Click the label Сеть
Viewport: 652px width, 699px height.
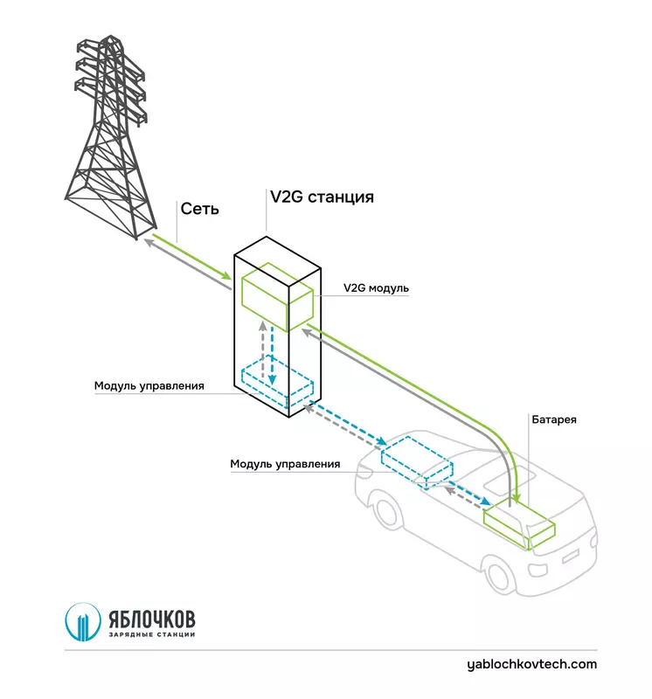pos(200,209)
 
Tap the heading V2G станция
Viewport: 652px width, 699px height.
pos(322,197)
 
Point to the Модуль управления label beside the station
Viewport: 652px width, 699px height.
pos(149,385)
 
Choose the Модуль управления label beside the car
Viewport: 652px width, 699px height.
pos(285,464)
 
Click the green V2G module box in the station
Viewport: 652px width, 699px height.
pos(276,297)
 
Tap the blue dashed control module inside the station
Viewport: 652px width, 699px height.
pos(278,381)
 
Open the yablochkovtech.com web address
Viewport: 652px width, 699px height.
pos(532,664)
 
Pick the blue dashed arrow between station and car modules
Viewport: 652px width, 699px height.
pos(345,423)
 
